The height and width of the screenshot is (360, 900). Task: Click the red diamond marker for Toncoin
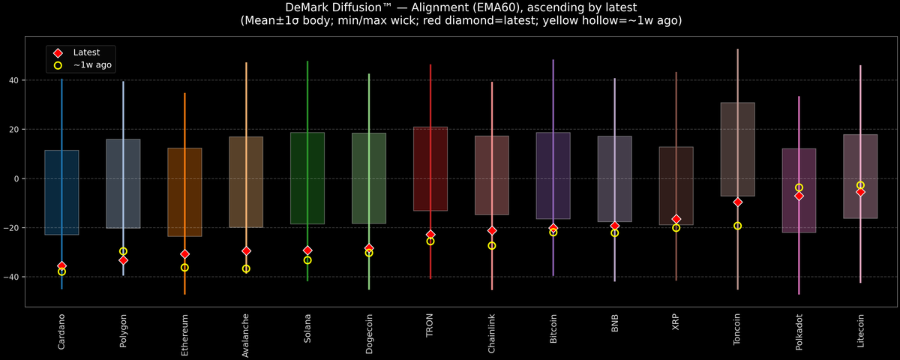(x=738, y=202)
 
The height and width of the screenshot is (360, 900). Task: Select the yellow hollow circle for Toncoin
(x=738, y=226)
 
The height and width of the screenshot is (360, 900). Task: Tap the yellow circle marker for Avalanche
(x=246, y=268)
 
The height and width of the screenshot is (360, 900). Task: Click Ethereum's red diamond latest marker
(x=184, y=254)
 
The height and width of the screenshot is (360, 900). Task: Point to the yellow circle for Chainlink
(x=492, y=245)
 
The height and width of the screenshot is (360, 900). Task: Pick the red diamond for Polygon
(x=123, y=260)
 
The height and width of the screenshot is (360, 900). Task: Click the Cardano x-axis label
(x=61, y=331)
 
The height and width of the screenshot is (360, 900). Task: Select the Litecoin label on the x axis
(x=860, y=331)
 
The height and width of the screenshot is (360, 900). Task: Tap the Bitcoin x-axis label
(x=553, y=331)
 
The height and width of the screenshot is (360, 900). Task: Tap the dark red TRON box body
(x=430, y=169)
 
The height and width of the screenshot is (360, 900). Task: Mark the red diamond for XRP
(x=676, y=219)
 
